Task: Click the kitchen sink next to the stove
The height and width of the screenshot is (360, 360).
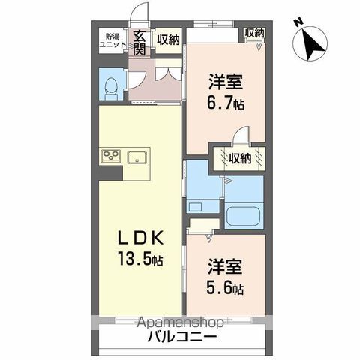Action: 137,156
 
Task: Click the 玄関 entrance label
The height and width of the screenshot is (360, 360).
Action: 139,43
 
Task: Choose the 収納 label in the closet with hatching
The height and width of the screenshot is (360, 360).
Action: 240,157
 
